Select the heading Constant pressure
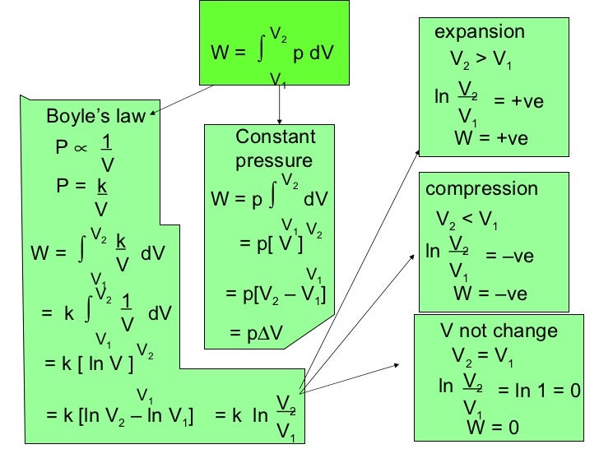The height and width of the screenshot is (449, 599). (x=275, y=148)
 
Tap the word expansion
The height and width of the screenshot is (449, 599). (x=479, y=32)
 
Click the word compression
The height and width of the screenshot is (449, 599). (x=481, y=189)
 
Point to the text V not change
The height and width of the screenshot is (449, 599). (x=499, y=331)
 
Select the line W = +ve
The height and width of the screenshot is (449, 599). (x=490, y=138)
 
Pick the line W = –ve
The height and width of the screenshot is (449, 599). (x=490, y=294)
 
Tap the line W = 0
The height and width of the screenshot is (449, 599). (x=494, y=427)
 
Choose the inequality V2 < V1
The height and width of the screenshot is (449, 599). (x=467, y=222)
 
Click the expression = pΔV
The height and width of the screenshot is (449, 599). (x=258, y=333)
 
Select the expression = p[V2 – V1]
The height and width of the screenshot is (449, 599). (x=276, y=294)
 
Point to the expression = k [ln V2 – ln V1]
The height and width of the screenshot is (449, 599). (x=119, y=415)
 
